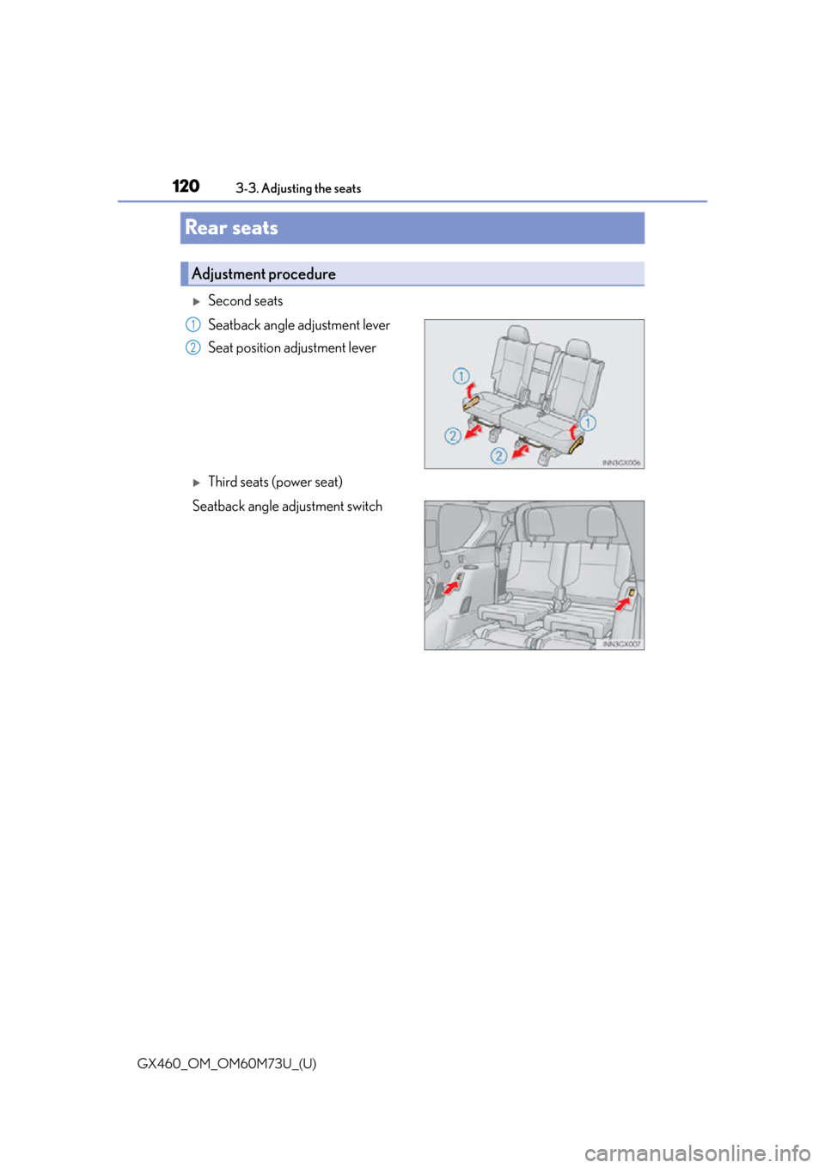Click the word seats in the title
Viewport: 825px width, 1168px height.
254,228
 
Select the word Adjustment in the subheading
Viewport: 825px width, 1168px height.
229,274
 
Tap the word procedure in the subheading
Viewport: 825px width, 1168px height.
302,274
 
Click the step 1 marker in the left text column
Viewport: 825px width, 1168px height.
193,324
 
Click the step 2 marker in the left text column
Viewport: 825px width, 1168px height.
193,347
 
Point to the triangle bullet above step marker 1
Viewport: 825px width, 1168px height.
196,302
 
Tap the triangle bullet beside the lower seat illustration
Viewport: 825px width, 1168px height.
196,483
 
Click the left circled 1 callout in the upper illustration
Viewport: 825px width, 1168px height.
461,376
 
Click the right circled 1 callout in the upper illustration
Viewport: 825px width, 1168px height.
587,423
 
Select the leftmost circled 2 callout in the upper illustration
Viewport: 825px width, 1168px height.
452,436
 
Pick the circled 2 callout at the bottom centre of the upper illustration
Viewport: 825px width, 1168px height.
498,455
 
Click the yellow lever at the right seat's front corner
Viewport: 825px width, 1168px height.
575,443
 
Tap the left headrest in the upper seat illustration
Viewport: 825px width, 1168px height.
518,335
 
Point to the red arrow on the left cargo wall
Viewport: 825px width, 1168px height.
449,587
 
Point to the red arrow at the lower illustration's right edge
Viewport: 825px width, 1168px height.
622,604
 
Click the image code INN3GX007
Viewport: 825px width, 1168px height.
621,643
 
